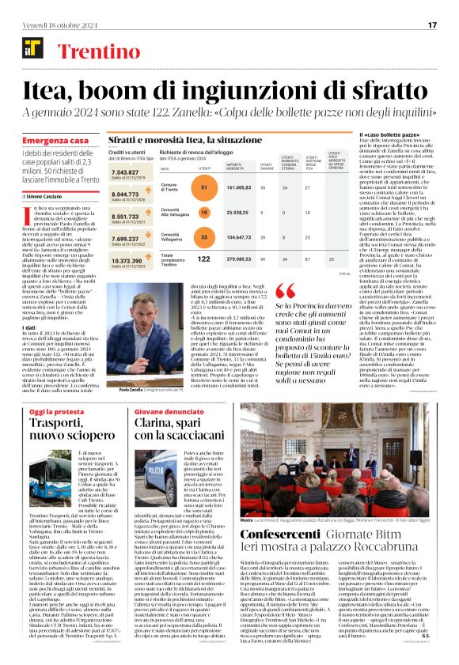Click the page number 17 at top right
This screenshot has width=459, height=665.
[432, 25]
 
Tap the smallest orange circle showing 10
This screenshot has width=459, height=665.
[204, 212]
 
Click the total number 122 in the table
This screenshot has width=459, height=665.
[204, 258]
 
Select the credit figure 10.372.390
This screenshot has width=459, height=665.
[128, 260]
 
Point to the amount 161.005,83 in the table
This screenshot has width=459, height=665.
[238, 187]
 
